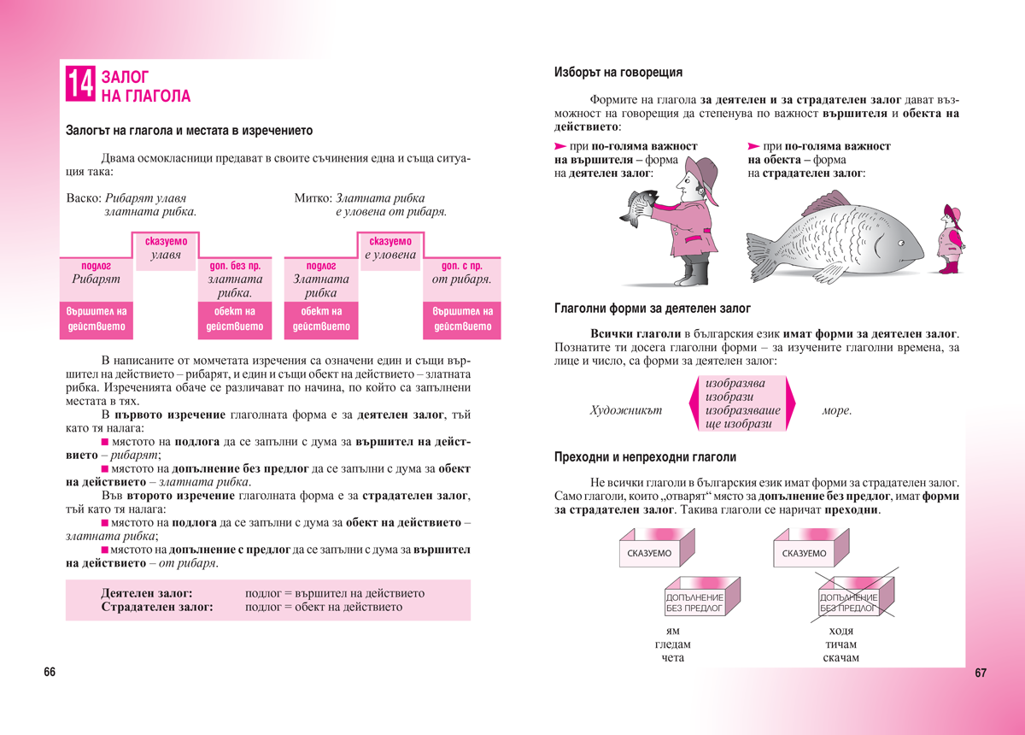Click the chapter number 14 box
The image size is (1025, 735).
[81, 85]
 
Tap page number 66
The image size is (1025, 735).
[50, 673]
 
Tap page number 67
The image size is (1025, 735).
[980, 673]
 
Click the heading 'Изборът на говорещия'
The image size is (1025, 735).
[618, 73]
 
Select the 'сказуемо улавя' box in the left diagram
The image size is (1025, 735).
[167, 248]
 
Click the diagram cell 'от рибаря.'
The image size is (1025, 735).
[462, 279]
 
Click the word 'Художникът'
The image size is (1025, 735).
[625, 411]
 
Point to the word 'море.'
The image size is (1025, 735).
[836, 411]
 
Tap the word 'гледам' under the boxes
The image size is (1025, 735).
[672, 644]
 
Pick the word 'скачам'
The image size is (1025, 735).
[840, 658]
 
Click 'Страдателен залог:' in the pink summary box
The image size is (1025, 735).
[156, 607]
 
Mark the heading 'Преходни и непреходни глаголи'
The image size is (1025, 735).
[645, 457]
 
